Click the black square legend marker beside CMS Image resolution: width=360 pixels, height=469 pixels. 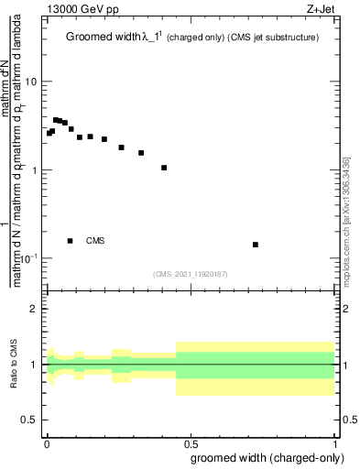coord(71,241)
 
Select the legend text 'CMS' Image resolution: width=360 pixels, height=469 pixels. coord(95,241)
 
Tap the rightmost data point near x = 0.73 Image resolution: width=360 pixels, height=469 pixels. coord(256,245)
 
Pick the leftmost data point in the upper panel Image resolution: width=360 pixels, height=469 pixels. coord(49,134)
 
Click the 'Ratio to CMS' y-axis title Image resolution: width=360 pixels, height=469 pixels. coord(14,365)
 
